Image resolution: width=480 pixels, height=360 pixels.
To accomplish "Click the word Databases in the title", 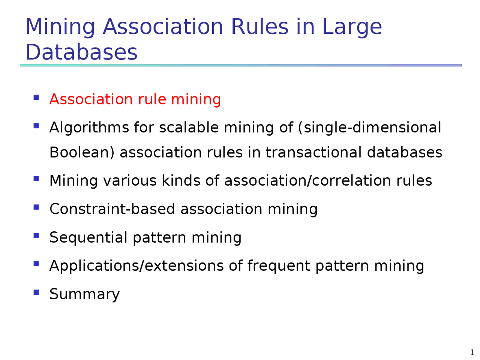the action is coord(81,52).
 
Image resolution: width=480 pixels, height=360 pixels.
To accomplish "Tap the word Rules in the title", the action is coord(259,27).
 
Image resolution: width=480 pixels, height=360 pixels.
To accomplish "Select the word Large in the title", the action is coord(352,28).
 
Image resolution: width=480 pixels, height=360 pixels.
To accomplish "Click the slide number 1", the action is coord(472,352).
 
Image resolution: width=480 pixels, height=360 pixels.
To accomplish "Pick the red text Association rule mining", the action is coord(135,100).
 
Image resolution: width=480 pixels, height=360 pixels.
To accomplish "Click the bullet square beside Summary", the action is coord(36,292).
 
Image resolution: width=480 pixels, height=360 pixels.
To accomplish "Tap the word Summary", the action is coord(84,294).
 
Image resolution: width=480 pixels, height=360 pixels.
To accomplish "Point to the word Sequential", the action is coord(88,238).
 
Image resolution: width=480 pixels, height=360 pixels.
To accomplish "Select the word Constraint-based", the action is coord(112,209).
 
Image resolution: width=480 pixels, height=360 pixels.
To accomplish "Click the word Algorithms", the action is coord(89,128).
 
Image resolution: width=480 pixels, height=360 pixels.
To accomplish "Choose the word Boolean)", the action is coord(82,152).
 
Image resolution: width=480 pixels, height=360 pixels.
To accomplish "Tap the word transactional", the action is coord(313,152).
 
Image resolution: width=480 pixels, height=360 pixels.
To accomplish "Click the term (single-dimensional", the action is coord(370,127).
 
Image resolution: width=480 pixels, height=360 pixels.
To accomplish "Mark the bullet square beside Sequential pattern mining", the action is coord(36,235).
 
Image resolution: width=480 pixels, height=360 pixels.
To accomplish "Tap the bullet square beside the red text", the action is coord(36,97).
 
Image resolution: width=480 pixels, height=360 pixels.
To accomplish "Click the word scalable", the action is coord(189,127).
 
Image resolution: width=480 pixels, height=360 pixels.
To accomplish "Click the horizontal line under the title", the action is coord(240,65).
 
